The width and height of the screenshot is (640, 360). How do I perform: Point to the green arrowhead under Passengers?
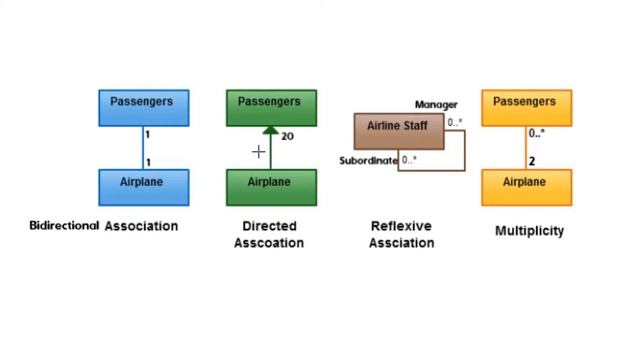click(x=270, y=131)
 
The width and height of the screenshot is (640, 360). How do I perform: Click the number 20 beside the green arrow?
click(x=287, y=136)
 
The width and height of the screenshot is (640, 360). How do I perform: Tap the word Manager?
click(x=436, y=104)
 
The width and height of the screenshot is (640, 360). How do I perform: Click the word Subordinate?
click(x=368, y=160)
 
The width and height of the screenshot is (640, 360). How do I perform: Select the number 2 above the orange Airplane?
click(x=532, y=161)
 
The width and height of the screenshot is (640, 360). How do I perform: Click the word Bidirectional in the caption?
click(x=64, y=226)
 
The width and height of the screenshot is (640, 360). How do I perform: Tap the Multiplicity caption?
click(x=529, y=231)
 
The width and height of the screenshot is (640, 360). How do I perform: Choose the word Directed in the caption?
click(x=269, y=226)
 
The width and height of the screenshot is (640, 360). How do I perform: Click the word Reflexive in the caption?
click(x=400, y=226)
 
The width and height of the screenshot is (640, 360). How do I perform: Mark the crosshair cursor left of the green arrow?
click(x=258, y=152)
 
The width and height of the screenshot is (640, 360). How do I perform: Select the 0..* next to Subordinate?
click(x=409, y=160)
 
